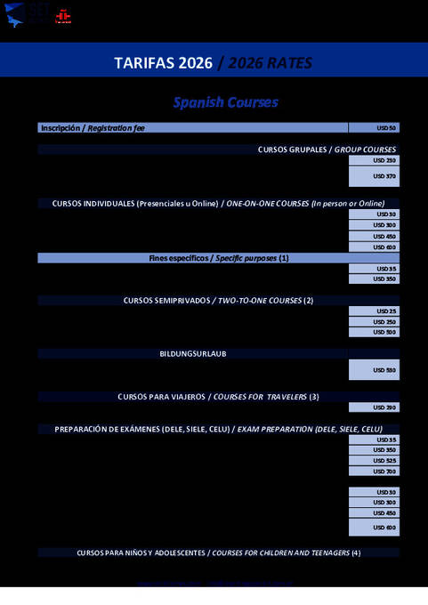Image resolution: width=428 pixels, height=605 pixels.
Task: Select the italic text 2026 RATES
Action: tap(271, 63)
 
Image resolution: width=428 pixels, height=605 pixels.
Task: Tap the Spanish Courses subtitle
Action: tap(225, 102)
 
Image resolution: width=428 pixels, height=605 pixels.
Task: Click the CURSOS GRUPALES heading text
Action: tap(295, 149)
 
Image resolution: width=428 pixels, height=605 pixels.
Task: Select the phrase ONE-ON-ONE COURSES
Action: tap(267, 204)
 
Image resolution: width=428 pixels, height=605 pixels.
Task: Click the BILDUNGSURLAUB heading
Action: tap(193, 354)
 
